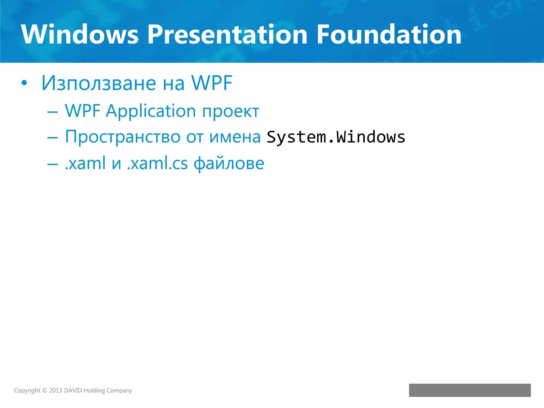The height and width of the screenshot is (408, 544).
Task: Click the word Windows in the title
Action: click(80, 35)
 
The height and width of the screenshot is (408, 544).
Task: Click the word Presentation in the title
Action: click(227, 35)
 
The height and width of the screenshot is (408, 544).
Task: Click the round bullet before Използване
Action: click(24, 83)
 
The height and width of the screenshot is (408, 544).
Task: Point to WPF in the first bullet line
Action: click(212, 83)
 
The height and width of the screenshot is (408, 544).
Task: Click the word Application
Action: click(151, 111)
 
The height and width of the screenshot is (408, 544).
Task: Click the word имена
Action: click(235, 137)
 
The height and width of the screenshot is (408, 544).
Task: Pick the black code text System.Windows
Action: click(336, 137)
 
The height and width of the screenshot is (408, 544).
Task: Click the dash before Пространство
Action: click(52, 138)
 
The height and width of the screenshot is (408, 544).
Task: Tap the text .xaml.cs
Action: click(157, 163)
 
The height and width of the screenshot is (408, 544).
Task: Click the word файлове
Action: click(229, 163)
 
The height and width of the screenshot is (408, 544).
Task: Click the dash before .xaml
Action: click(52, 164)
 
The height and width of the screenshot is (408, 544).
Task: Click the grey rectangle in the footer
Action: click(470, 390)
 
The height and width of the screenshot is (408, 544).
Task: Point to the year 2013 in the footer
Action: click(56, 390)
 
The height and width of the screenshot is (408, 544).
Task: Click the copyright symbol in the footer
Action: click(45, 390)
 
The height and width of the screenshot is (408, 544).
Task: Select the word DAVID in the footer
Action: click(73, 390)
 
